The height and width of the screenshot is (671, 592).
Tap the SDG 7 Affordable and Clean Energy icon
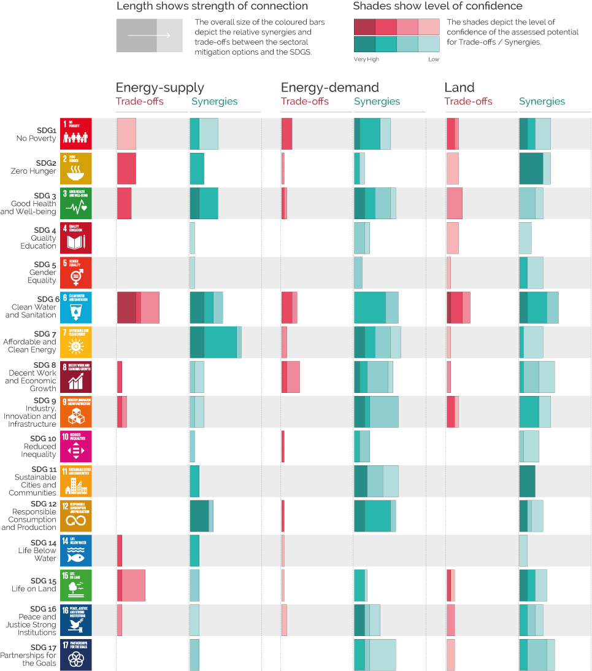(75, 342)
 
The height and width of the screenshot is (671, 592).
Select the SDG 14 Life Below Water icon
(75, 551)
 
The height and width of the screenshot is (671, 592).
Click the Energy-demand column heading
(329, 88)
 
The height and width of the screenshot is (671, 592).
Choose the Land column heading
(459, 88)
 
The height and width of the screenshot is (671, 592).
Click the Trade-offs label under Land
(468, 102)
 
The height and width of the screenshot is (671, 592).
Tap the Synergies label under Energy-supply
(214, 102)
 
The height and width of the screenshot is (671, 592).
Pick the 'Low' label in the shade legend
(434, 60)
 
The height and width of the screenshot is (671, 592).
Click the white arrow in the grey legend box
(149, 36)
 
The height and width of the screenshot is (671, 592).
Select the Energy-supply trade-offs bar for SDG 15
(131, 585)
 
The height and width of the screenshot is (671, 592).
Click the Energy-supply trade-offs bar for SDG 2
(126, 168)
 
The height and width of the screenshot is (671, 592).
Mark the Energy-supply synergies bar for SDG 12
(201, 516)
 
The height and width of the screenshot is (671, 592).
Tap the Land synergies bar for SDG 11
(527, 481)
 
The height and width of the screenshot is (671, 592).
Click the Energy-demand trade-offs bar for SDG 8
(291, 376)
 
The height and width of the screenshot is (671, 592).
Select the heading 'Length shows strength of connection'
(212, 6)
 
